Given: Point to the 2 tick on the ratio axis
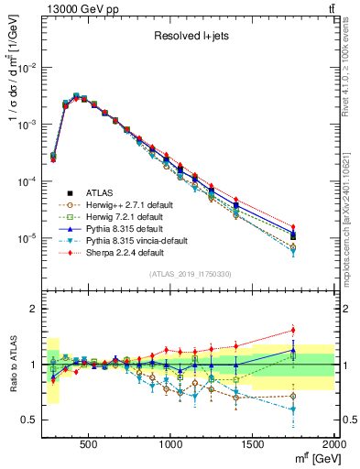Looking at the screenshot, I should (x=33, y=309).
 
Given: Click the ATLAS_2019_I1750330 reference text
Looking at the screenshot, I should (x=190, y=274).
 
